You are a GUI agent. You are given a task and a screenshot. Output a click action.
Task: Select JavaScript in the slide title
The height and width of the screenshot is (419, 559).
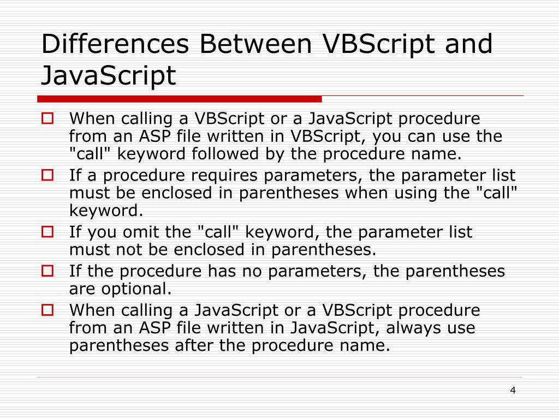coord(109,76)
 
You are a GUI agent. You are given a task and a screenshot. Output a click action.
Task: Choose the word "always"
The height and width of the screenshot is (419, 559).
coord(405,328)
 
